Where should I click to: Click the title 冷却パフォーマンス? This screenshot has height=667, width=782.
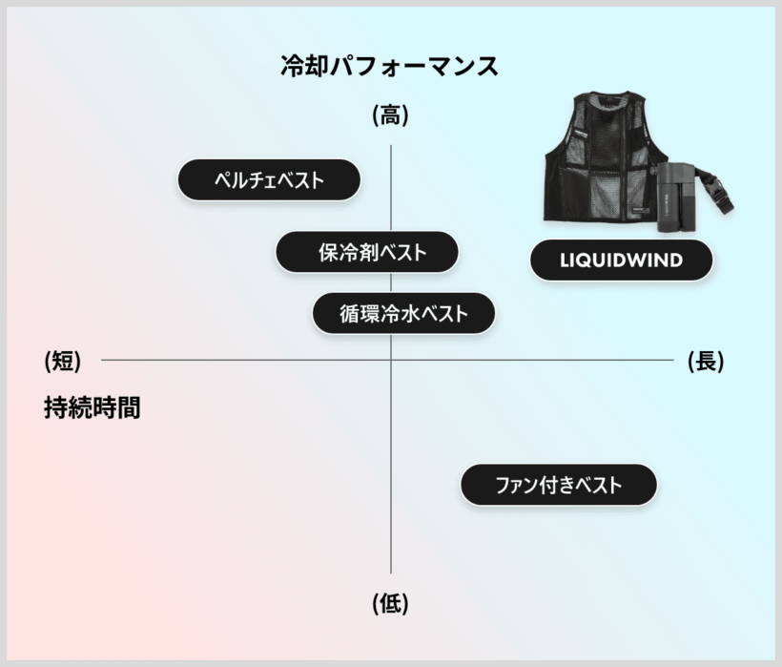click(x=389, y=67)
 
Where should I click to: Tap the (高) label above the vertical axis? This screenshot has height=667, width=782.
click(x=390, y=115)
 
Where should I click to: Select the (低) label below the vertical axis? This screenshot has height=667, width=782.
click(x=390, y=604)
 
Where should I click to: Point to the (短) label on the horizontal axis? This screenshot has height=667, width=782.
click(x=63, y=361)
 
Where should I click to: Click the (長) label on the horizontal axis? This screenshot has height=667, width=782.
click(x=706, y=361)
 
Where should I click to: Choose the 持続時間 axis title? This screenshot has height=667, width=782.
click(x=93, y=407)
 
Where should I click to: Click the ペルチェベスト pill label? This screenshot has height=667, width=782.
click(x=269, y=179)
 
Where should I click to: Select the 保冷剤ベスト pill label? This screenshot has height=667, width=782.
click(x=367, y=252)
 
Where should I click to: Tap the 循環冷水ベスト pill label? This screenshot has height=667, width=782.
click(x=403, y=313)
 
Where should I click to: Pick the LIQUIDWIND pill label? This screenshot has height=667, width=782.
click(x=622, y=260)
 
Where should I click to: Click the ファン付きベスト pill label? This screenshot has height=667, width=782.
click(x=559, y=485)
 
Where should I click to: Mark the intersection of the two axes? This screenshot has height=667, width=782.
click(x=390, y=360)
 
